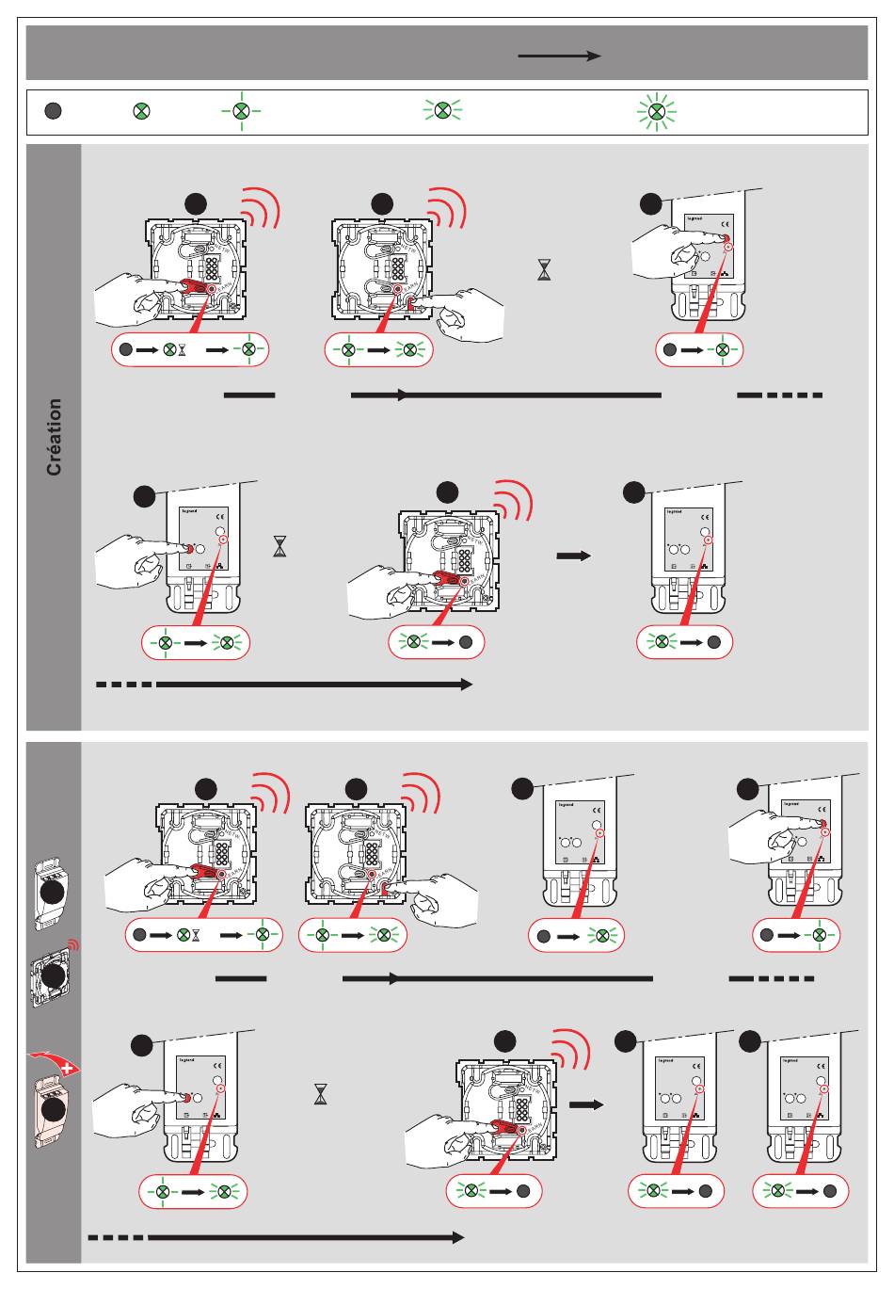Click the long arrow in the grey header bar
[559, 56]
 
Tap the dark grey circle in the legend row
[54, 111]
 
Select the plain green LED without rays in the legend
[140, 111]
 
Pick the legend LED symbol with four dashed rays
[242, 111]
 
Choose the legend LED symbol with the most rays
[657, 111]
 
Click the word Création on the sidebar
[55, 436]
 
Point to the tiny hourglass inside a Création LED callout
[182, 349]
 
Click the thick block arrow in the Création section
[573, 556]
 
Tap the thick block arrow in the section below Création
[585, 1104]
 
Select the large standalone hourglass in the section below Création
[321, 1093]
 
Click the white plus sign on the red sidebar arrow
[69, 1067]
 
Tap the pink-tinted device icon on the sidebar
[53, 1107]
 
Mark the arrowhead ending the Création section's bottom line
[466, 685]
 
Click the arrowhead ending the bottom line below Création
[458, 1237]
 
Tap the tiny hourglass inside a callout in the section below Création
[196, 935]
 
